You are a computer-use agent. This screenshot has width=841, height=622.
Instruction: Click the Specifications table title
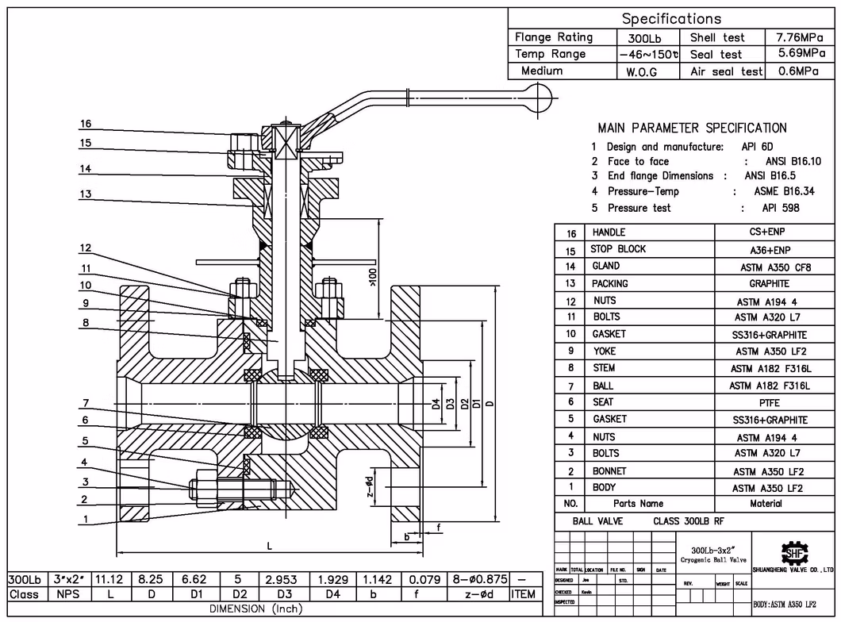coord(671,18)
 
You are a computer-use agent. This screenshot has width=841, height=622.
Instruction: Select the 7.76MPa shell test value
coord(801,37)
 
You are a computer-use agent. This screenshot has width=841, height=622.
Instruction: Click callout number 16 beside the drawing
coord(86,125)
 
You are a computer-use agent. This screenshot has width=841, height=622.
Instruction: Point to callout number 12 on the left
coord(86,248)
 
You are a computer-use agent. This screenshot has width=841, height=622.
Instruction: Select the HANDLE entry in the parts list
coord(609,232)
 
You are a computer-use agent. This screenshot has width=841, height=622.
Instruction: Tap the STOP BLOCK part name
coord(618,249)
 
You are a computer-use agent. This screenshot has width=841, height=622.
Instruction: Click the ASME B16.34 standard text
coord(786,191)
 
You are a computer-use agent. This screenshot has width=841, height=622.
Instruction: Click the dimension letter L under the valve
coord(269,546)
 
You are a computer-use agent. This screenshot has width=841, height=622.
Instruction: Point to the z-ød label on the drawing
coord(370,486)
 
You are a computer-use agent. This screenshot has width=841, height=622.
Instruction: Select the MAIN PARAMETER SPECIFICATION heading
coord(692,128)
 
